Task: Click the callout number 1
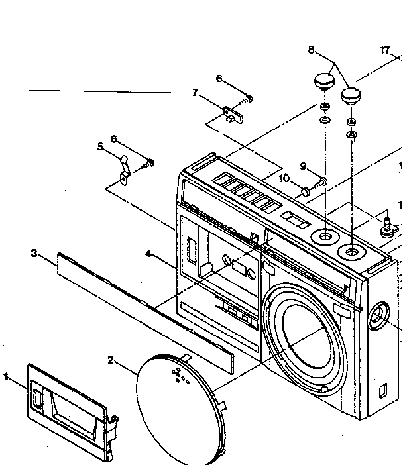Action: click(6, 377)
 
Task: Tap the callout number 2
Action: click(111, 360)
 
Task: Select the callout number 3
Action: click(34, 254)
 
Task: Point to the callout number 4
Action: click(148, 254)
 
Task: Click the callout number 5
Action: click(100, 146)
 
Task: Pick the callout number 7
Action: click(195, 93)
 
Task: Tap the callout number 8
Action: click(311, 50)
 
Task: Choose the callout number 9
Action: click(303, 166)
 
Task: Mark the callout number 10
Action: click(284, 179)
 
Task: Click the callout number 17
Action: click(384, 50)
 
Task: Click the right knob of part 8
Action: click(351, 96)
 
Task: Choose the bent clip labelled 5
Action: click(125, 170)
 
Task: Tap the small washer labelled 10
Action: click(306, 192)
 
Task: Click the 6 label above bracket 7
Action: click(219, 79)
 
